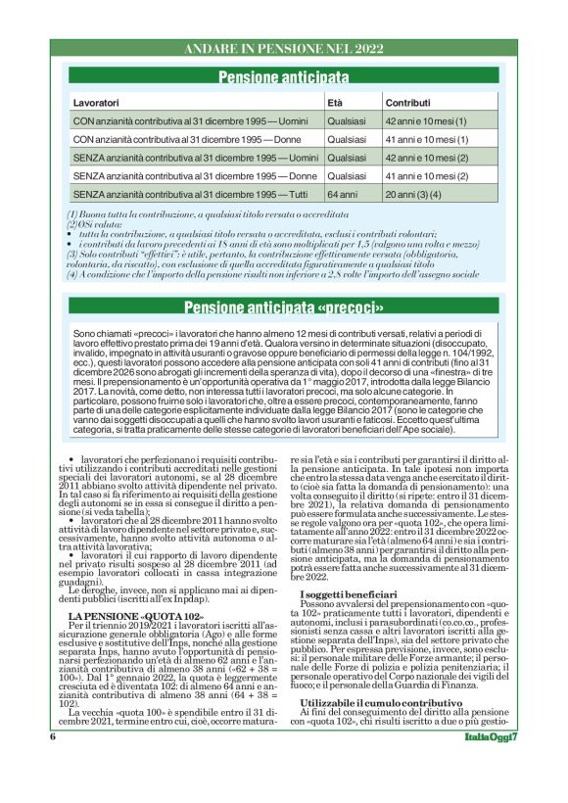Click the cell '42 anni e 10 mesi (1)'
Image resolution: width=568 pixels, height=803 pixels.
point(427,119)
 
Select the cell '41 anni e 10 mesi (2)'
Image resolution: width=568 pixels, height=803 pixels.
point(427,175)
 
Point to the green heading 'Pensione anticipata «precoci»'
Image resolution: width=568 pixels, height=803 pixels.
point(283,307)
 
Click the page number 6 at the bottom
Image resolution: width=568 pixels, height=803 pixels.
point(52,763)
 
